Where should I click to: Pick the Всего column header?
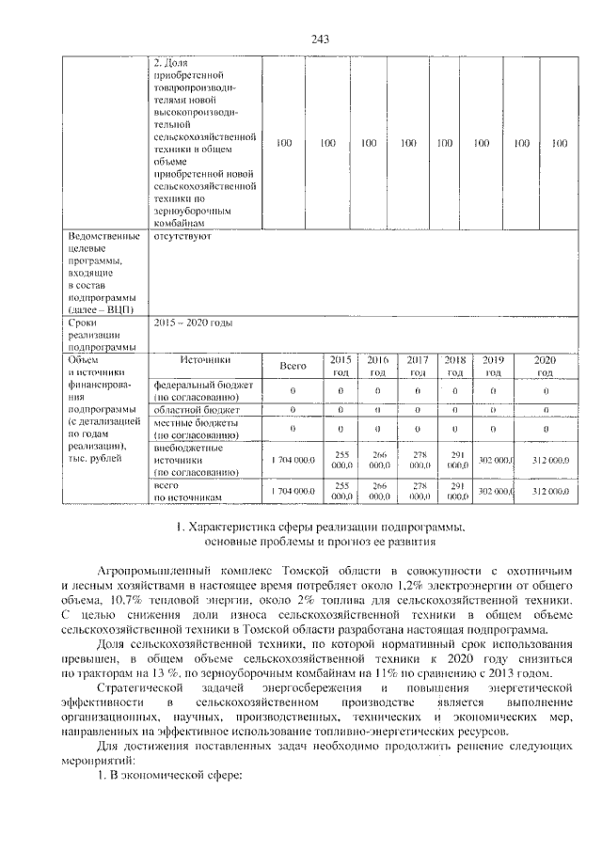pos(293,366)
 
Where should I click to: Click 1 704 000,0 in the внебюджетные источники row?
pos(293,460)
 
